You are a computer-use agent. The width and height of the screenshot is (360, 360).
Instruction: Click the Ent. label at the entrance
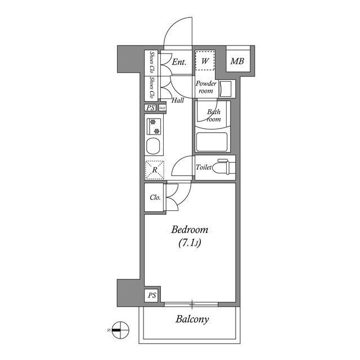[x=179, y=62]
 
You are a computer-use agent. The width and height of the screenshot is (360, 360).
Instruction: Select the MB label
[x=237, y=60]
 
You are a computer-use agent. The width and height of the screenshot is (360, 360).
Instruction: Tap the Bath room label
[x=213, y=115]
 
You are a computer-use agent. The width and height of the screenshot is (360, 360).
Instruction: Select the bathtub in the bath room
[x=211, y=141]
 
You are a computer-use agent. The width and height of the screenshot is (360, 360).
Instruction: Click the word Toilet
[x=204, y=167]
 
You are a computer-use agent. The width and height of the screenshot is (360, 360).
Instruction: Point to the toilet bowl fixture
[x=224, y=167]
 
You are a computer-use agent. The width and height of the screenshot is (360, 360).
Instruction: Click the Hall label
[x=178, y=101]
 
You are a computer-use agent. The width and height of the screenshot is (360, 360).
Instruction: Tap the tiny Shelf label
[x=162, y=108]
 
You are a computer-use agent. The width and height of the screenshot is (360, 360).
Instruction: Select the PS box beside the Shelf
[x=150, y=108]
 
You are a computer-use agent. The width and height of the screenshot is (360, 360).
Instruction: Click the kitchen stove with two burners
[x=154, y=126]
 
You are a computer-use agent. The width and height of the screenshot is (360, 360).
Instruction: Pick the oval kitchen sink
[x=154, y=148]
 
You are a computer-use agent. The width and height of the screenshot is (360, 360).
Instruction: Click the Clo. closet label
[x=155, y=197]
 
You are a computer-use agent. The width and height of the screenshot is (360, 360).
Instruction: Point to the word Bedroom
[x=190, y=230]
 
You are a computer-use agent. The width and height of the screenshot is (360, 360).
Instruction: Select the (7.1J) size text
[x=190, y=244]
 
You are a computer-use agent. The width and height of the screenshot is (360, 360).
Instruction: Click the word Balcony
[x=192, y=319]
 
